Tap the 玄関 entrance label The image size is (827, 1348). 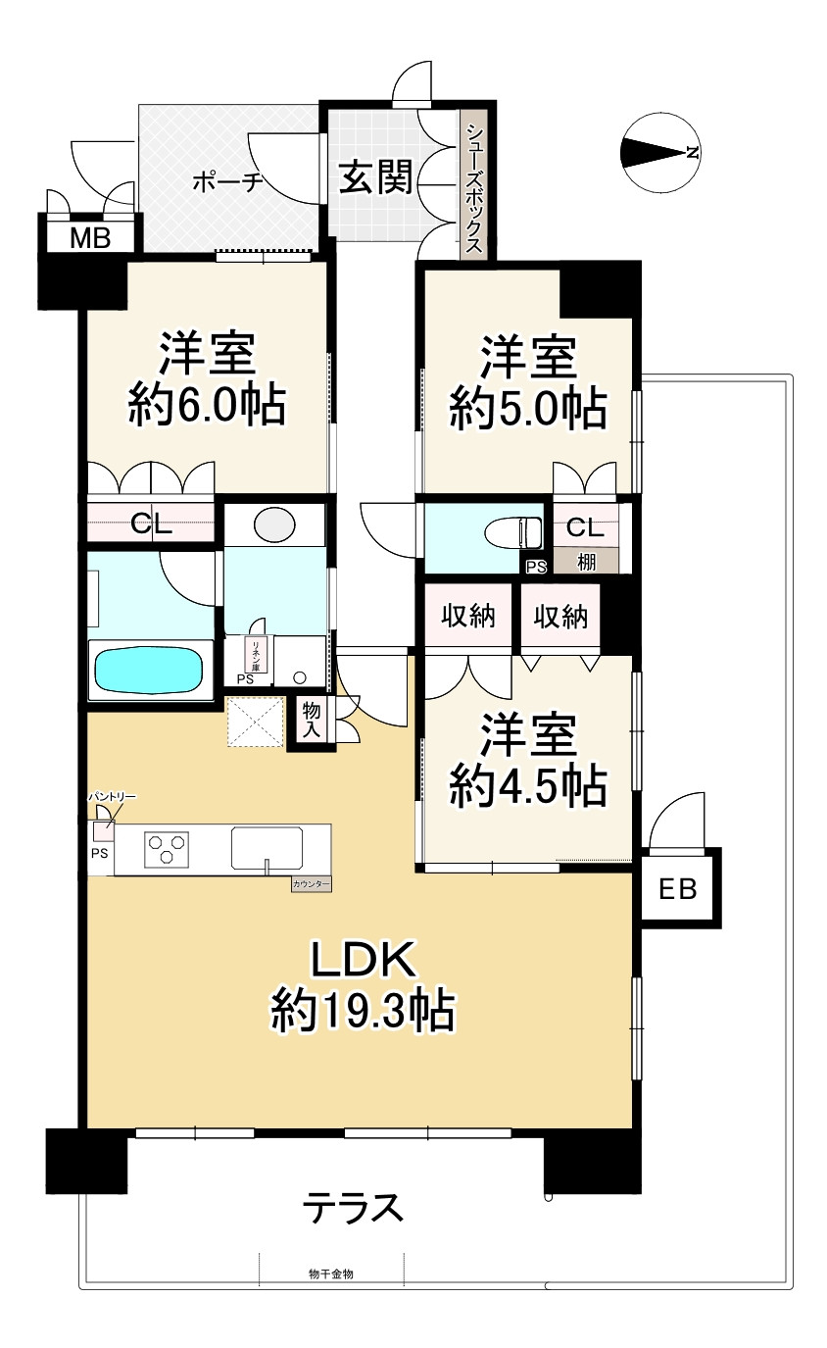point(375,177)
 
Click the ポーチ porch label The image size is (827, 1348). point(227,181)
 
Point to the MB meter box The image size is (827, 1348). point(89,236)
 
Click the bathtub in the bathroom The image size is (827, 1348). point(149,671)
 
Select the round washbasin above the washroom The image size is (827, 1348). point(274,524)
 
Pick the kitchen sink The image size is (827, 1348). point(267,847)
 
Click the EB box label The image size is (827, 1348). point(677,889)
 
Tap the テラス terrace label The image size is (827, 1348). point(354,1206)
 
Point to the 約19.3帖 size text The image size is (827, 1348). point(364,1010)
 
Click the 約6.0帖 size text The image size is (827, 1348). point(208,404)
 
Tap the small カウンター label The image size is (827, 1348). point(312,884)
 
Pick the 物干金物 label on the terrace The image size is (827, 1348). point(330,1273)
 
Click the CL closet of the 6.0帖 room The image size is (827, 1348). point(152,523)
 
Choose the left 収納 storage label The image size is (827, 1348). point(467,617)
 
